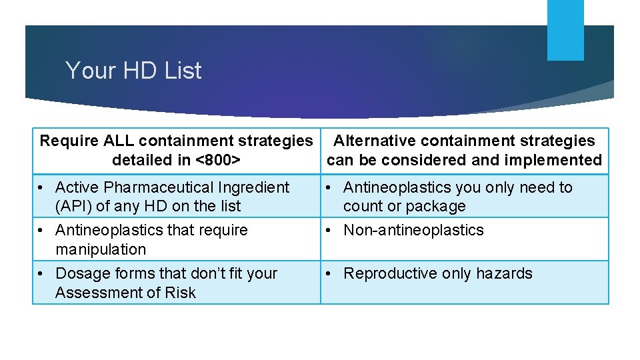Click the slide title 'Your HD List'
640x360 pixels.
click(133, 71)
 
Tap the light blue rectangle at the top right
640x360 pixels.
click(565, 30)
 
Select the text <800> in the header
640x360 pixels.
click(218, 160)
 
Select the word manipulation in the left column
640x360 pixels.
click(100, 249)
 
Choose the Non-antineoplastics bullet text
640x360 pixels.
click(413, 230)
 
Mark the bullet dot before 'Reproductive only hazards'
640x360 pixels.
click(330, 273)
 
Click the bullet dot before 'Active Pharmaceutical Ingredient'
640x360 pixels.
click(42, 187)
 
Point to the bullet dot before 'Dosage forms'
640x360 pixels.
click(42, 273)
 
